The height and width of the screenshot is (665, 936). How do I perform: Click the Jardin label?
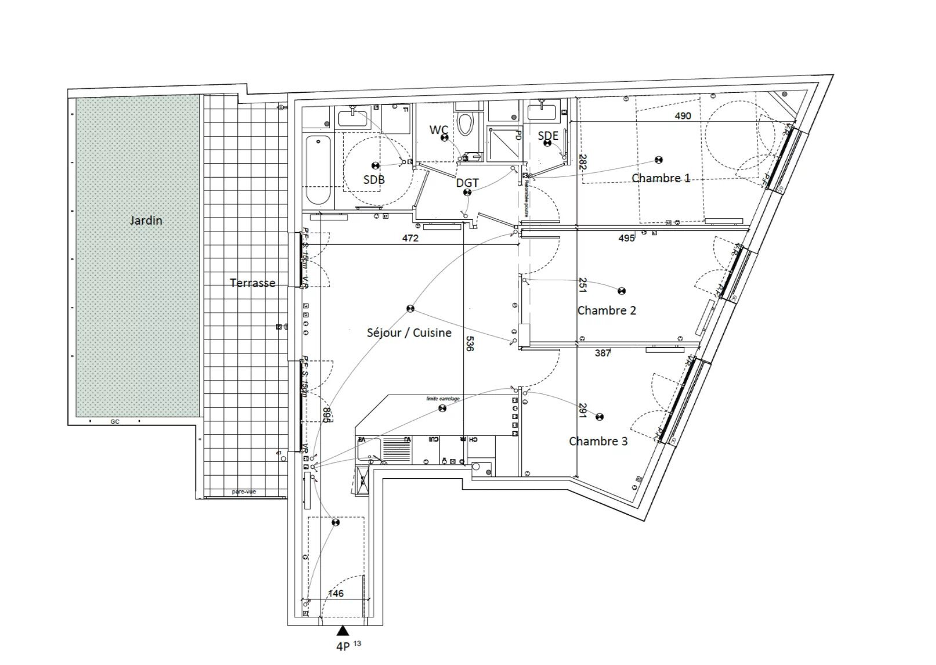coord(146,221)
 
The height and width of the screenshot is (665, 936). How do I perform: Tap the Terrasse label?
coord(252,283)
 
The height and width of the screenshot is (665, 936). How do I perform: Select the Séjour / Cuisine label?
coord(409,332)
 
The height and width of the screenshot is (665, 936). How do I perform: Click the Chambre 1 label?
coord(661,178)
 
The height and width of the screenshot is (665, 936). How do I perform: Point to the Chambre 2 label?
coord(607,310)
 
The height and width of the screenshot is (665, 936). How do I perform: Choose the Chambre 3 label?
coord(598,441)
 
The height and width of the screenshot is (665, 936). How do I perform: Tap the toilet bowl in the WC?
coord(465,124)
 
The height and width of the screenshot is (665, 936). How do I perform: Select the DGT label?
coord(467,183)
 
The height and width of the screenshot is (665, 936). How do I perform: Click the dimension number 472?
coord(410,238)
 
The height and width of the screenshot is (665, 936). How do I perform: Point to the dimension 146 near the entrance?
coord(336,593)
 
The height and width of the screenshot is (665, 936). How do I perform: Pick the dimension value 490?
coord(683,115)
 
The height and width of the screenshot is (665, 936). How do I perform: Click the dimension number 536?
coord(470,344)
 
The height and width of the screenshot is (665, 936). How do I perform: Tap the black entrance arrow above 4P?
coord(343,630)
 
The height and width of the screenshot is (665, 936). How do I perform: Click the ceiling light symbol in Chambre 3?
coord(600,417)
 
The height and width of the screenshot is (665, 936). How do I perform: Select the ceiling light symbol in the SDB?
coord(375,166)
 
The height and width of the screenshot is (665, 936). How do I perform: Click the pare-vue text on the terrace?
coord(244,491)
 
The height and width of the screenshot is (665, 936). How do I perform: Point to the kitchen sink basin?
coord(369,450)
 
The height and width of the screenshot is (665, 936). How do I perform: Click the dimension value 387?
coord(603,353)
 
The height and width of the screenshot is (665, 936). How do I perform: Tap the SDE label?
coord(547,136)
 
